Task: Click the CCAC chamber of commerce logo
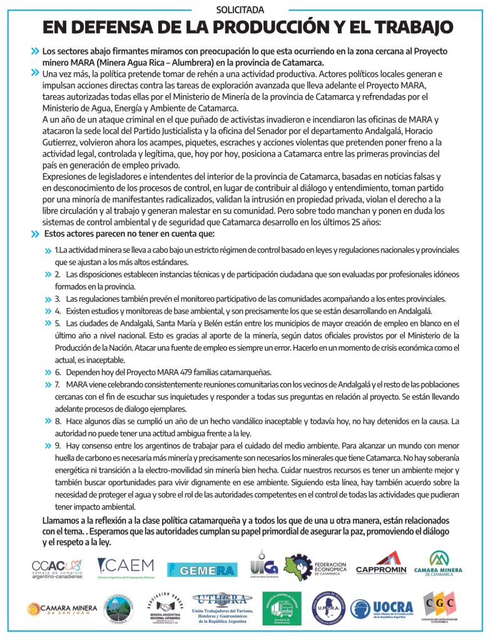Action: click(56, 568)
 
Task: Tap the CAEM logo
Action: click(126, 568)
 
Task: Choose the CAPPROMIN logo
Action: click(380, 564)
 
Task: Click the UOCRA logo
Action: click(382, 608)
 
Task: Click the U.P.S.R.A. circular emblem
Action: click(329, 608)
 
